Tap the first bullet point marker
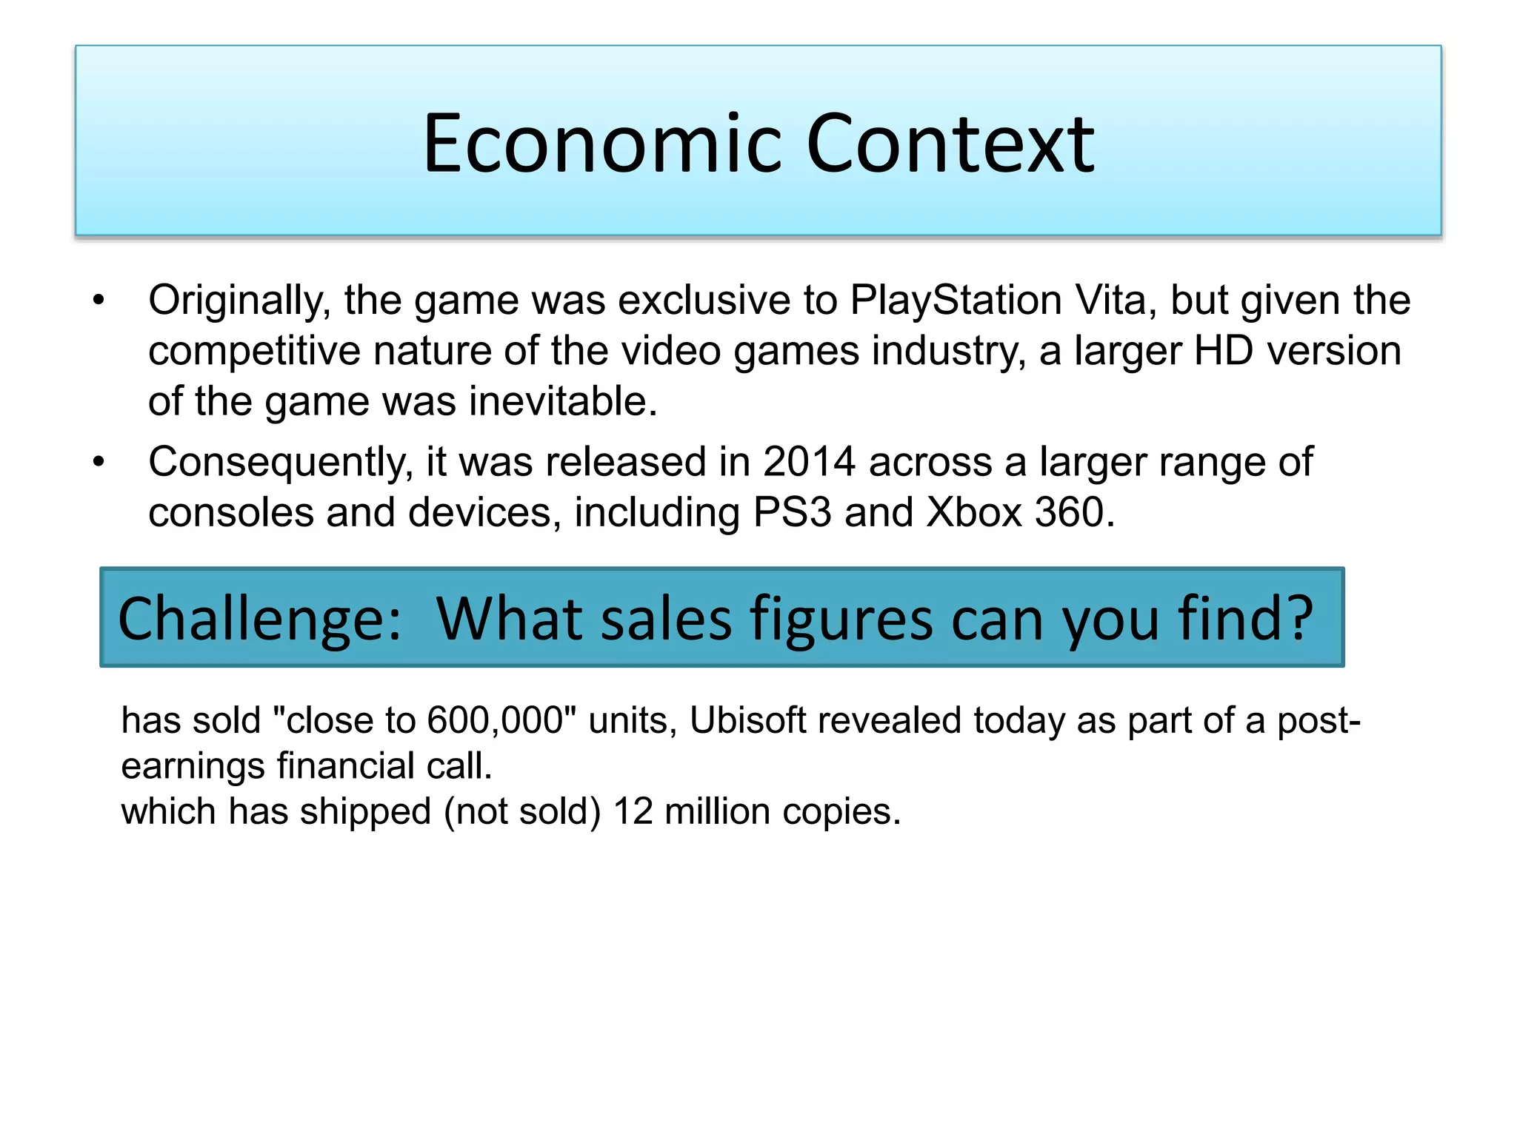click(99, 301)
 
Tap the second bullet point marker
click(99, 462)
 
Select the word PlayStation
click(956, 301)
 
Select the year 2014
click(809, 462)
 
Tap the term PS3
click(792, 512)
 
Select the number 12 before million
click(633, 811)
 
